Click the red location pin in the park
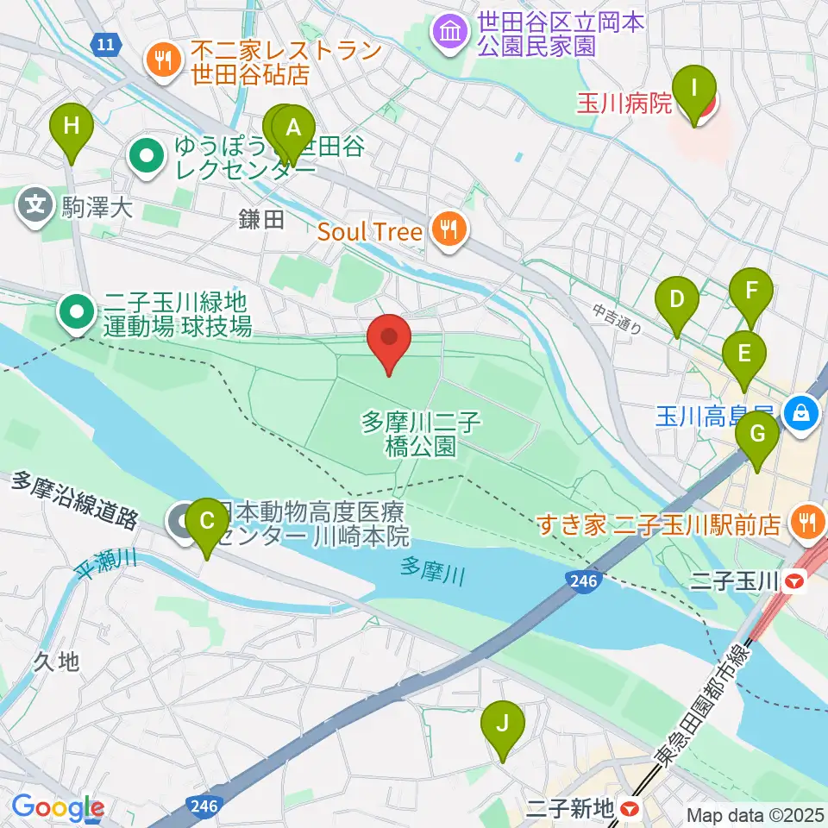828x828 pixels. pyautogui.click(x=389, y=342)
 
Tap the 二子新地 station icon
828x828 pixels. pyautogui.click(x=630, y=809)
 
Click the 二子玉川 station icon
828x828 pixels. pyautogui.click(x=798, y=584)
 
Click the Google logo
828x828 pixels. pyautogui.click(x=58, y=808)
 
